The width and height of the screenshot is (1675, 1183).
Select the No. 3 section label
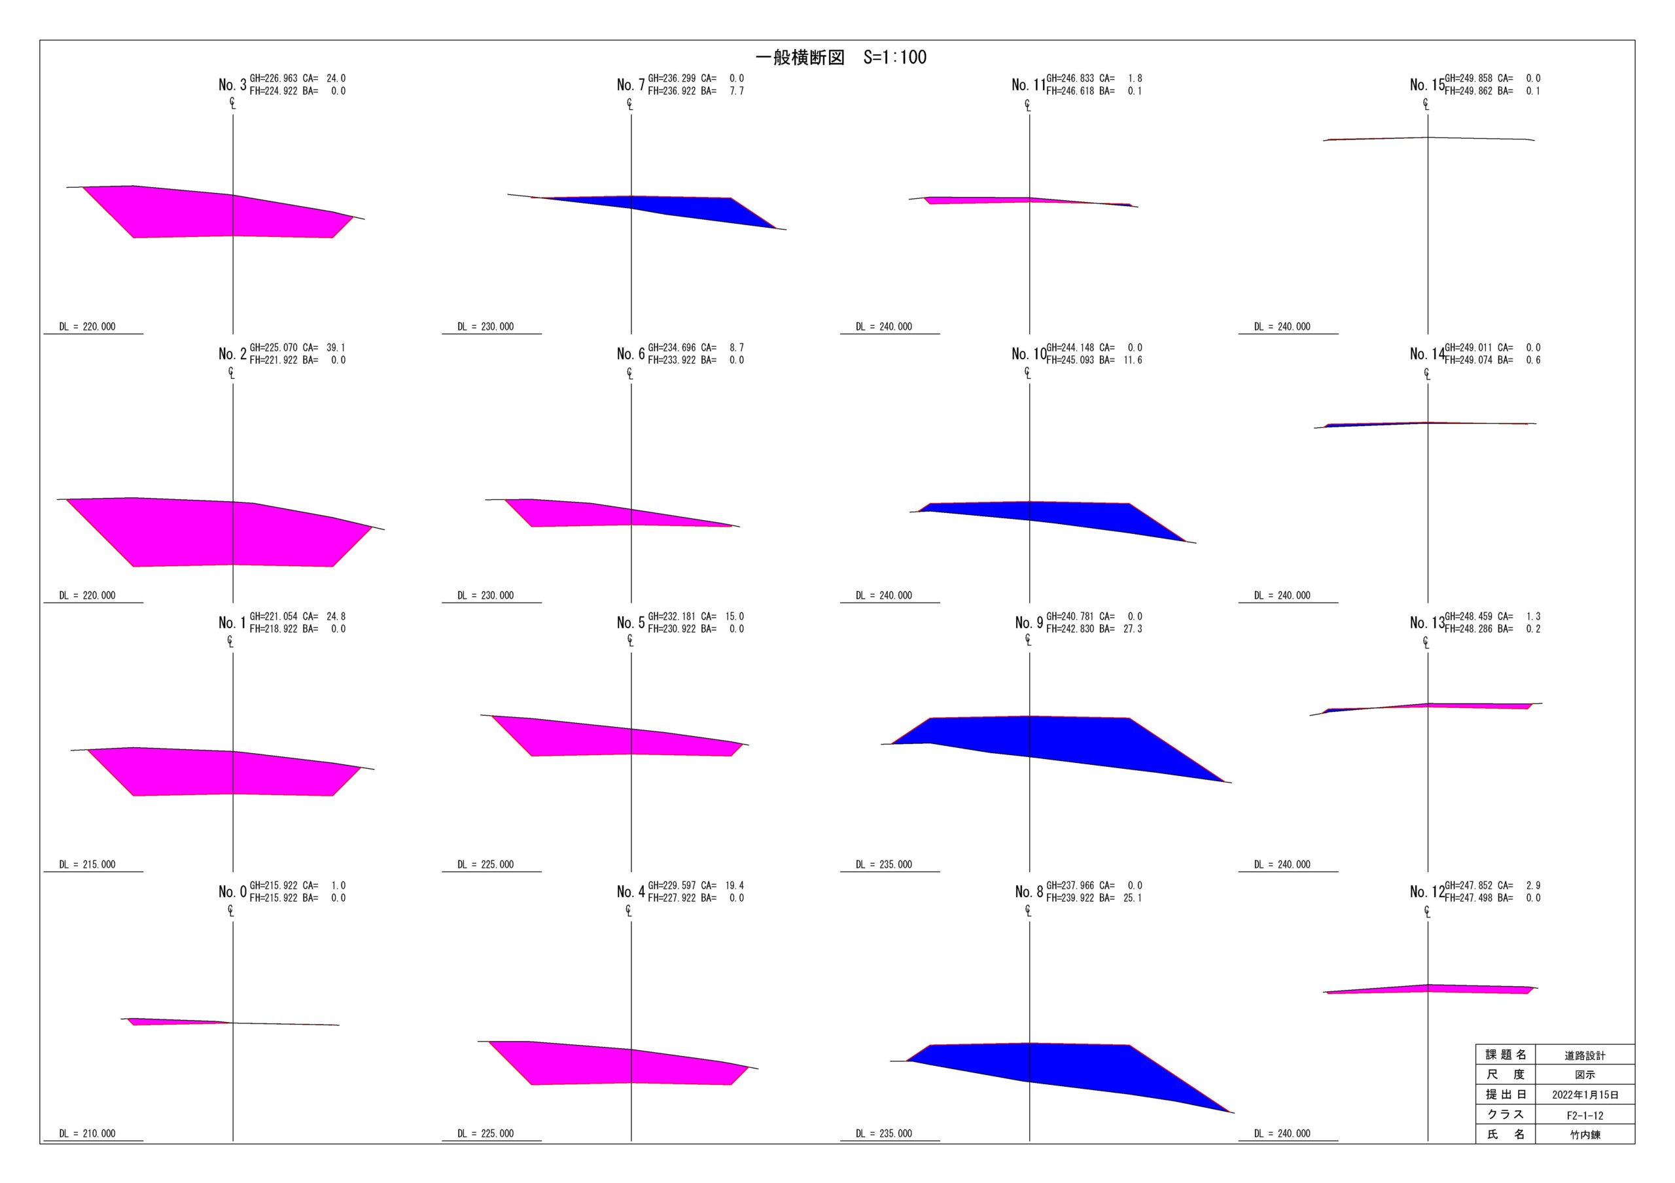click(x=232, y=84)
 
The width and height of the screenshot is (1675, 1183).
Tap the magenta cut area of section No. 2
click(x=219, y=533)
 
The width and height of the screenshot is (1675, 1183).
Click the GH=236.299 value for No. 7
click(x=671, y=78)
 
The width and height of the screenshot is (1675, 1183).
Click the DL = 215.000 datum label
click(x=88, y=864)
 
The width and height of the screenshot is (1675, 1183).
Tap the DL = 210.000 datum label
click(x=88, y=1133)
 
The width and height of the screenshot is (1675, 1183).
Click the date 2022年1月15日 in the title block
click(x=1585, y=1095)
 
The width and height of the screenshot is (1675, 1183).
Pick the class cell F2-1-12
click(x=1585, y=1115)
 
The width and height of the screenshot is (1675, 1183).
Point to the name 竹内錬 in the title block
click(x=1585, y=1135)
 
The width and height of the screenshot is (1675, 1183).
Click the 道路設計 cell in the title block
click(x=1585, y=1055)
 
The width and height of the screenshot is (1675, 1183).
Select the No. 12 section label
click(x=1426, y=892)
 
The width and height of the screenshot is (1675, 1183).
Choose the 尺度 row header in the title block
click(x=1505, y=1074)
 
